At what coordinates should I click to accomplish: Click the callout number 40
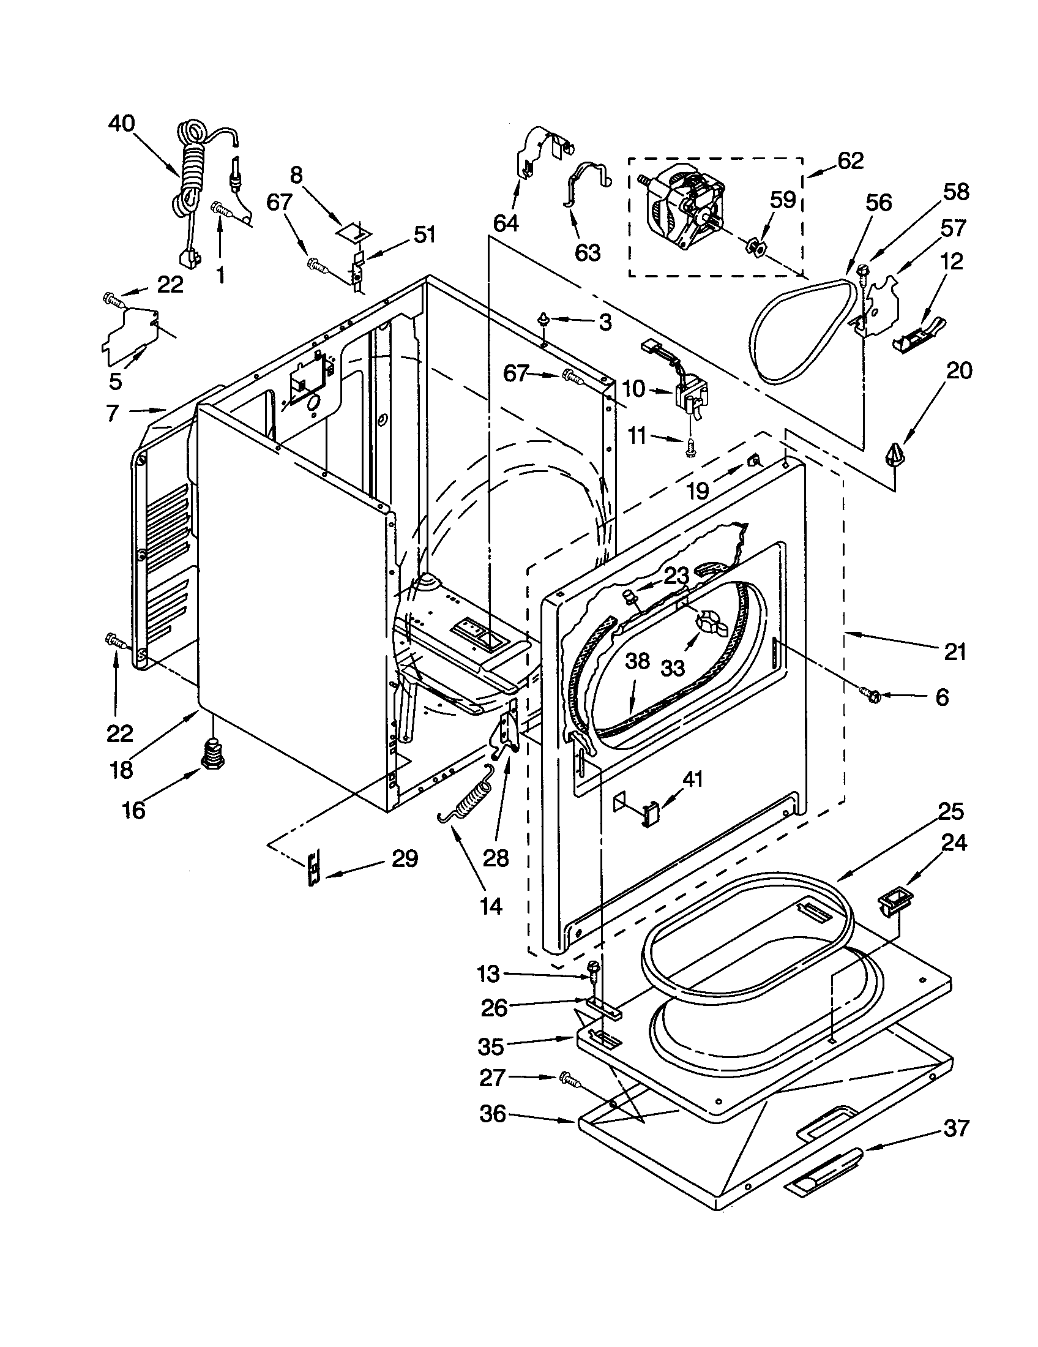(x=121, y=124)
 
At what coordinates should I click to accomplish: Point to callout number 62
(x=851, y=161)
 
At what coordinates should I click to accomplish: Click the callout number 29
(x=405, y=858)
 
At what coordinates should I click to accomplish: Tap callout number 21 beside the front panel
(x=955, y=651)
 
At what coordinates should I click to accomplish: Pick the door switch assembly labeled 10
(x=692, y=395)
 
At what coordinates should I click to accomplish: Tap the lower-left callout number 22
(x=119, y=734)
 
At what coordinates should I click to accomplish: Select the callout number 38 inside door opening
(x=637, y=662)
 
